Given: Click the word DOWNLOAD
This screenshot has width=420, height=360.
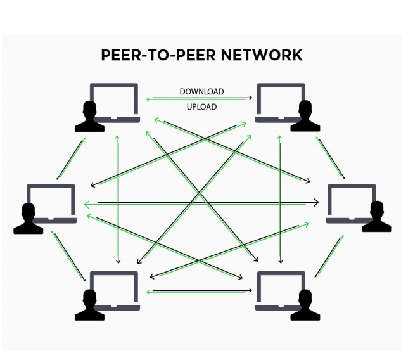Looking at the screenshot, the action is [201, 92].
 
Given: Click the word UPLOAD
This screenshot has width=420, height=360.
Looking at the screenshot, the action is [201, 107].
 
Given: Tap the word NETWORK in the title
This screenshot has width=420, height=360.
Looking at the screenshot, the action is [262, 55].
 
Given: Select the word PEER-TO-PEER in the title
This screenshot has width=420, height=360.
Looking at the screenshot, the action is [158, 55].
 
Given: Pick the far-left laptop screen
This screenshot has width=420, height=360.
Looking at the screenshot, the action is [51, 201].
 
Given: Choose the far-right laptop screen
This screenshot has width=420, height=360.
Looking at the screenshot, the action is [352, 201].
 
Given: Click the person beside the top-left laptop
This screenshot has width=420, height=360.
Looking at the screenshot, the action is [89, 117].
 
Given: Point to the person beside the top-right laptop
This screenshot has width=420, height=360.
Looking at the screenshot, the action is [305, 116].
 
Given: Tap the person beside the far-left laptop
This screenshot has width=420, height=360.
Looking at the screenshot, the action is [28, 219].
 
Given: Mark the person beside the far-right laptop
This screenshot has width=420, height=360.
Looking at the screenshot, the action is [377, 216].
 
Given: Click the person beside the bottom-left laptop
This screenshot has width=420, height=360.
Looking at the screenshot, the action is [89, 305].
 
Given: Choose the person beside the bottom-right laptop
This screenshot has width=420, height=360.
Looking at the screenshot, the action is [305, 305].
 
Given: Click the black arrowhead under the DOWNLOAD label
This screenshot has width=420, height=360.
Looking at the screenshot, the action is [250, 98].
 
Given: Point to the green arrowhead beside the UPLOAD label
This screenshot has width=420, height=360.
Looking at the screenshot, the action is [148, 100].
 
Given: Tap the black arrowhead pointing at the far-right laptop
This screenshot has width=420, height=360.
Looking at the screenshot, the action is [316, 202].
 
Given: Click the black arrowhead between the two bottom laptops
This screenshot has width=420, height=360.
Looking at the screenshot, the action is [250, 290].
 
